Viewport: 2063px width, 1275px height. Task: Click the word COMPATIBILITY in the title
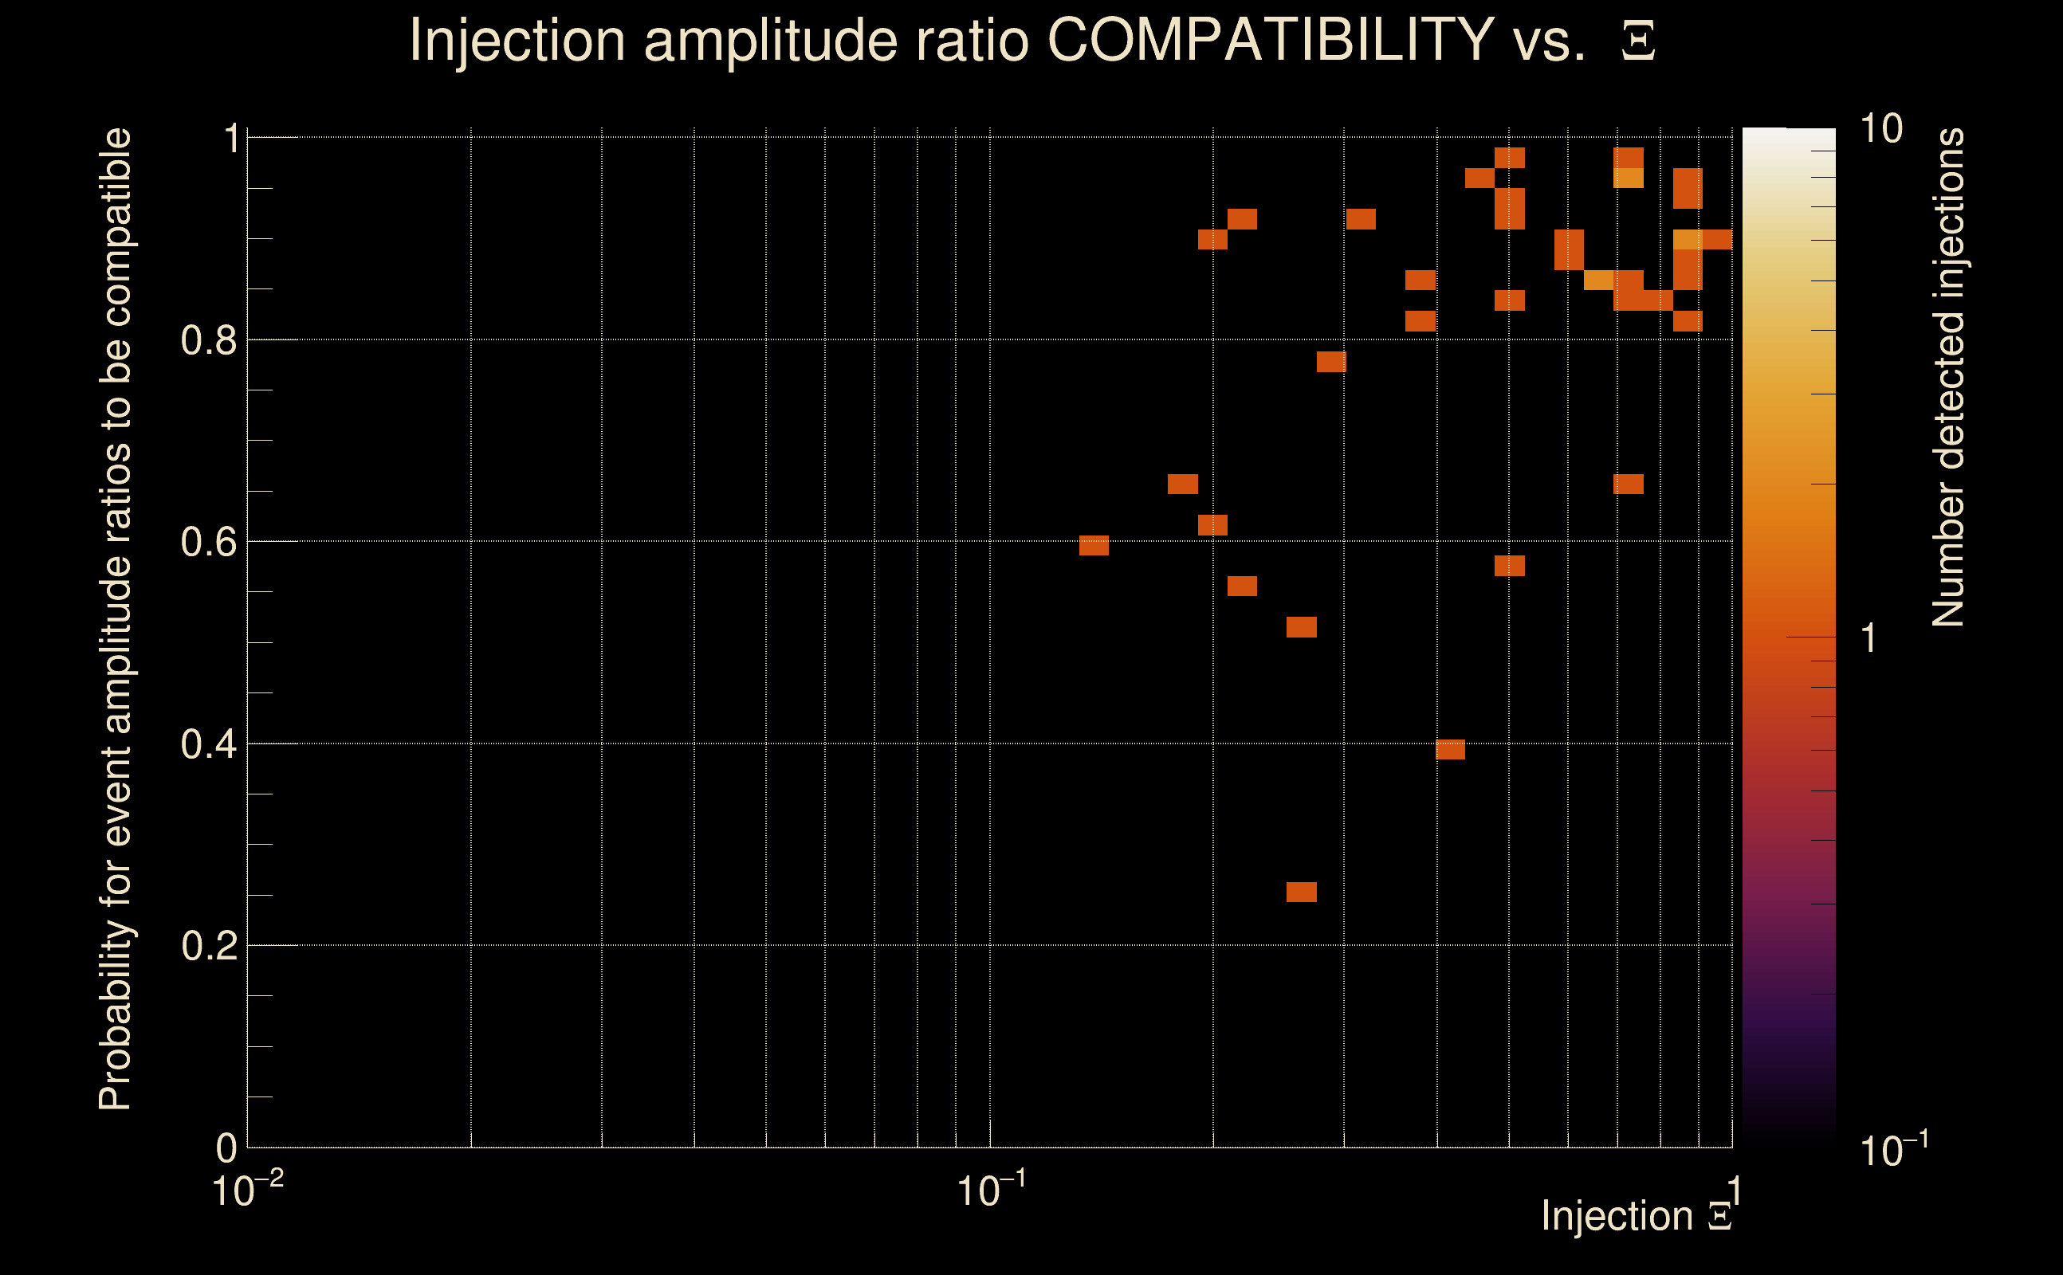point(1270,40)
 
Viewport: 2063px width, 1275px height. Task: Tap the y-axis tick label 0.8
point(208,341)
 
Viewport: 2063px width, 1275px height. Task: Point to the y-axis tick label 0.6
point(208,542)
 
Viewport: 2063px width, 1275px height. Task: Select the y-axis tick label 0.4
point(208,744)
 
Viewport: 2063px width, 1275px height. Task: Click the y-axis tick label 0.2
point(208,946)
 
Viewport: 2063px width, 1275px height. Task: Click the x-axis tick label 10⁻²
point(247,1191)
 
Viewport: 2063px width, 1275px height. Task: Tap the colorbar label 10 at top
point(1880,129)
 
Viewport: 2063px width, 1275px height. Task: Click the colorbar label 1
point(1869,638)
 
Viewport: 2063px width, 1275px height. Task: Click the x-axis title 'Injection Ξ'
point(1637,1216)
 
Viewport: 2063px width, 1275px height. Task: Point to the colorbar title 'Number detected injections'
point(1948,377)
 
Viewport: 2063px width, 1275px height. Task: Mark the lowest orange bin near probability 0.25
point(1302,892)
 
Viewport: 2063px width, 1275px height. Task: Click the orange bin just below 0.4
point(1450,750)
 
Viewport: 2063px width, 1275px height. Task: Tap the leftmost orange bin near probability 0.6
point(1094,546)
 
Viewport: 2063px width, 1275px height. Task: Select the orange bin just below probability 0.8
point(1331,362)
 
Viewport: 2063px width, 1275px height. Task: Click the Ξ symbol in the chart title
point(1638,41)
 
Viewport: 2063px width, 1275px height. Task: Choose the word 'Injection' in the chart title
point(517,40)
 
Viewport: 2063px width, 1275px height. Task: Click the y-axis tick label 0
point(226,1147)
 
